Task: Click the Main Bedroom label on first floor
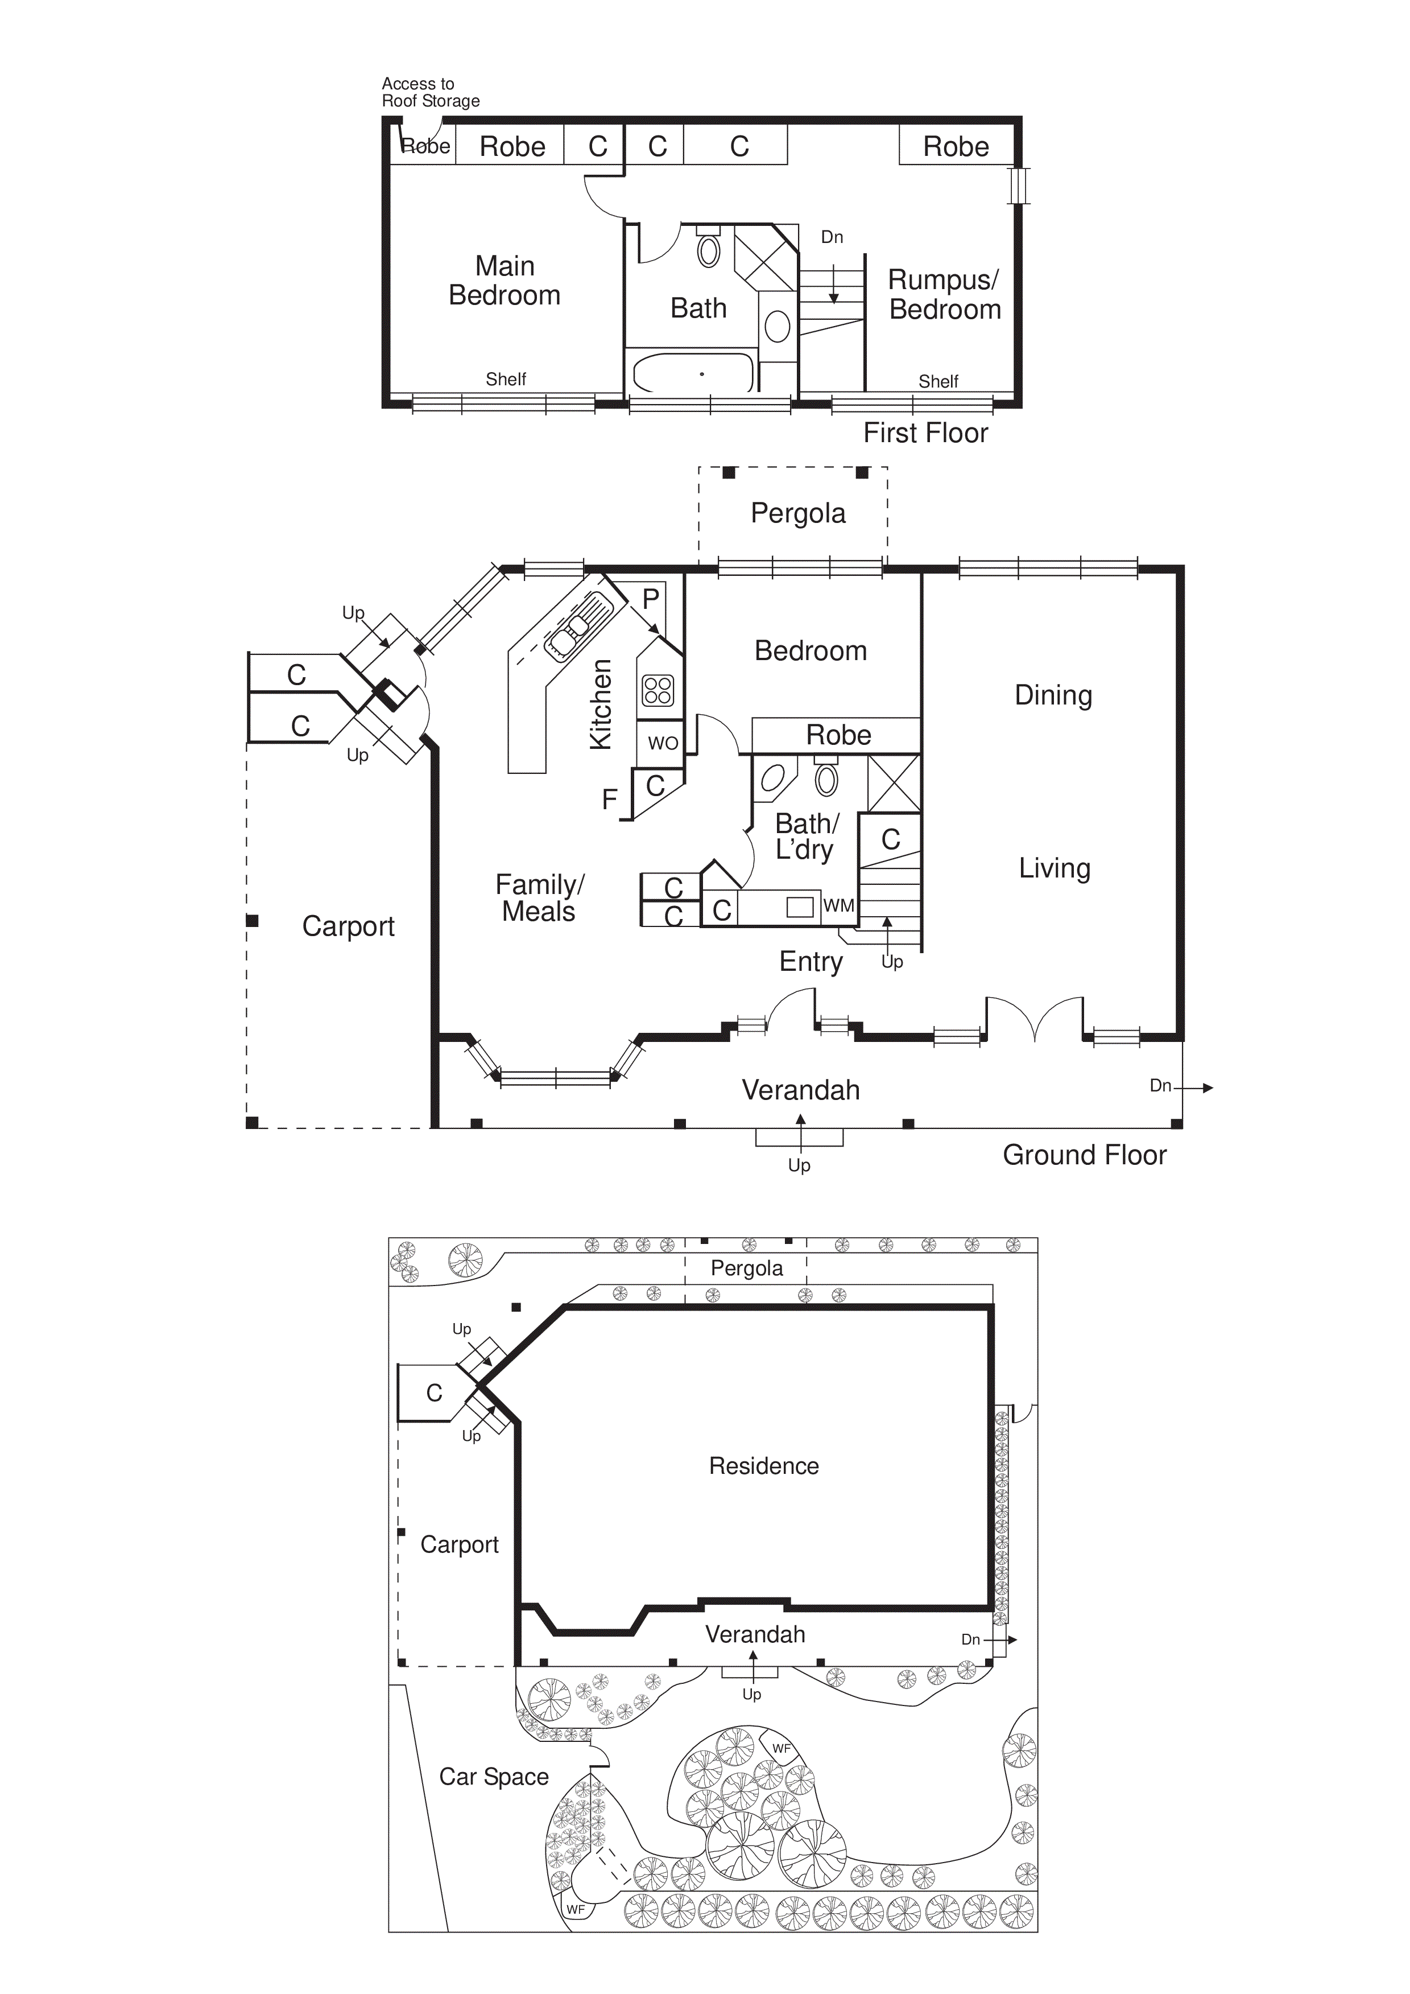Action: click(x=505, y=281)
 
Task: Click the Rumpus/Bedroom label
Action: click(x=945, y=294)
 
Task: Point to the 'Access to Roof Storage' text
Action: click(x=430, y=92)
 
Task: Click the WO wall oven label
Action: click(x=663, y=743)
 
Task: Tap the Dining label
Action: click(x=1053, y=695)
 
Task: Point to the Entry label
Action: click(x=810, y=962)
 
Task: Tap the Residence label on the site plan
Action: click(x=763, y=1466)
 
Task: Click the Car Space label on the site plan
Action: click(x=493, y=1777)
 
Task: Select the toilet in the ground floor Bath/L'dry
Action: click(x=826, y=779)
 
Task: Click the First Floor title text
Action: click(x=925, y=432)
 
